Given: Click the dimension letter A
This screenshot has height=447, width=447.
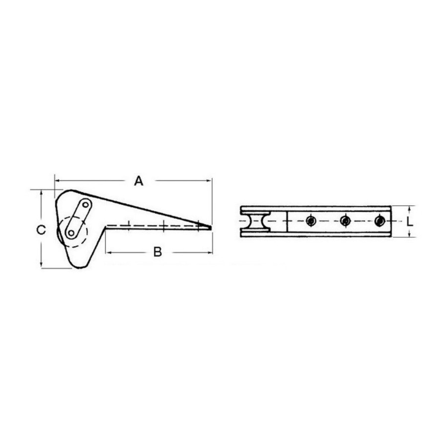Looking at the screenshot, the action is click(139, 181).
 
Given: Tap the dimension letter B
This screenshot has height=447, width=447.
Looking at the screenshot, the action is click(157, 252).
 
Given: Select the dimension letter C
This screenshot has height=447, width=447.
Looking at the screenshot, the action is click(41, 230).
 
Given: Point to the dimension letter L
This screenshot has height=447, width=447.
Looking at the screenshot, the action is click(410, 221).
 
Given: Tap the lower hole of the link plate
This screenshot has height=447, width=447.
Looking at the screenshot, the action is click(71, 233).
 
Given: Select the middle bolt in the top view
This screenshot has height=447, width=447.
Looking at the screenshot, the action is click(345, 221).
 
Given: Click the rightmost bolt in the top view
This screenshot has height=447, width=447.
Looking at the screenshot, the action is click(380, 221).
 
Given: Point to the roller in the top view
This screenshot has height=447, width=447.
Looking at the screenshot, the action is click(255, 221).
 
